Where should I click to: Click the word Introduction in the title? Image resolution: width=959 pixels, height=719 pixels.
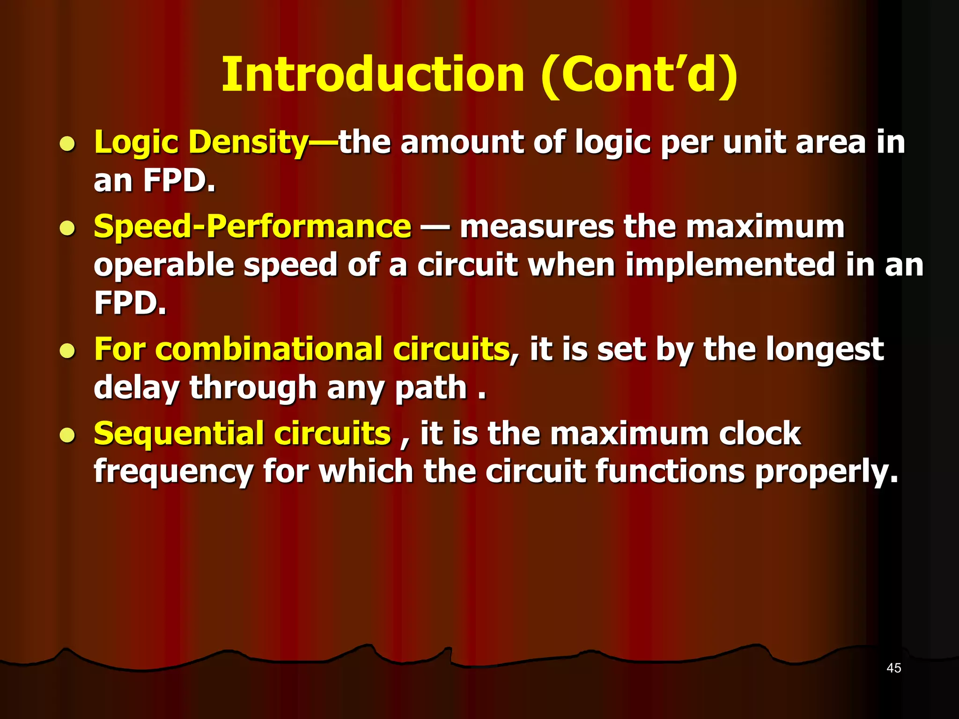tap(373, 75)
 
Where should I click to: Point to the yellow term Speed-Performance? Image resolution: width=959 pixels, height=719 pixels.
tap(252, 227)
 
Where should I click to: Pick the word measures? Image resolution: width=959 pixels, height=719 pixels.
tap(536, 227)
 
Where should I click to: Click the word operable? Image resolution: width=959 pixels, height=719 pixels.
tap(163, 265)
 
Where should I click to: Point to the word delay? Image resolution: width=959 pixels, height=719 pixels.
tap(136, 389)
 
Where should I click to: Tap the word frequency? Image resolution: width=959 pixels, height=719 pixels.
tap(173, 472)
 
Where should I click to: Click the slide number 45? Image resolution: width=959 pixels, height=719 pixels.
tap(893, 668)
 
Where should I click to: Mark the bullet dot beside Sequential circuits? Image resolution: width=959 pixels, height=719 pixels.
tap(68, 435)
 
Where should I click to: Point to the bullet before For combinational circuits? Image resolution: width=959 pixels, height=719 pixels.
tap(68, 351)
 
